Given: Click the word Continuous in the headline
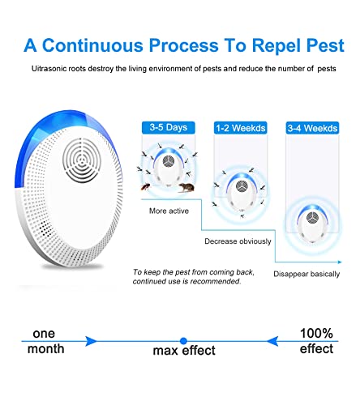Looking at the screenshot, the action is coord(92,45).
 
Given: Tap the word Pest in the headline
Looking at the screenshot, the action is coord(325,45).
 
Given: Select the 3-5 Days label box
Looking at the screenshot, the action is coord(169,127).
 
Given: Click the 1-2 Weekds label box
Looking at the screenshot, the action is coord(240,128).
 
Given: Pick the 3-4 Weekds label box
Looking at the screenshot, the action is coord(312,128).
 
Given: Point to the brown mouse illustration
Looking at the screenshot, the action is coord(186,187).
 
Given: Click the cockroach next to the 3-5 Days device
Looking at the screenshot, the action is coord(146,186).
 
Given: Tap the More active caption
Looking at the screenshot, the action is coord(169,211).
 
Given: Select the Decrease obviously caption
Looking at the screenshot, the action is coord(238,241).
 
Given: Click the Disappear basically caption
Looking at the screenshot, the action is coord(306,274).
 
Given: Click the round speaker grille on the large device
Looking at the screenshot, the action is coord(81,160).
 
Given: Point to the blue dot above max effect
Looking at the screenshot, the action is coord(183,341).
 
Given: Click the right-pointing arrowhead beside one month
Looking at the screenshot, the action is coord(91,341).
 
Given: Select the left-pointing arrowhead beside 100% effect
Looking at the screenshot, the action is coord(272,341).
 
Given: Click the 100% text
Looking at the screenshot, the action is coord(316,333).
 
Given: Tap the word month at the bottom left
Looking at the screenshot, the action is coord(46,348).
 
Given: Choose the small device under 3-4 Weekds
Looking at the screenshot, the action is coord(312,224).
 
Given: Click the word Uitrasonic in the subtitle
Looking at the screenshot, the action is coord(49,69).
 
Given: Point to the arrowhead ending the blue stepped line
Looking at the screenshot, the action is coord(340,262).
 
